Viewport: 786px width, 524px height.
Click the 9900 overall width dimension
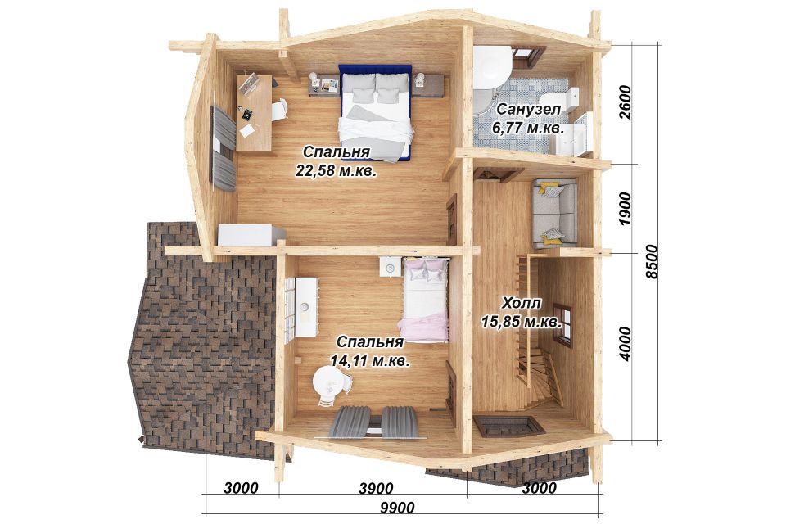397,508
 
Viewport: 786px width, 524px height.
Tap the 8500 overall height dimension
652,262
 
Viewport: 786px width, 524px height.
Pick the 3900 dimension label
377,487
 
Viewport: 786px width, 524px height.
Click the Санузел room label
528,110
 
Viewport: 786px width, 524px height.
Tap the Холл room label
522,303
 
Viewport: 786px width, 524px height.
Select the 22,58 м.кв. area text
337,171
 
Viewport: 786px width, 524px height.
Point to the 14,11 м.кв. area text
370,360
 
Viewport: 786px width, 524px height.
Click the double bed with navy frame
376,113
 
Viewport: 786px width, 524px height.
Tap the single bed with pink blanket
425,300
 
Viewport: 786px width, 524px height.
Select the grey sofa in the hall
554,214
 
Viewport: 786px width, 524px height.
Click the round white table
329,381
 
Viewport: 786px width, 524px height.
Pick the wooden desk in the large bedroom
255,113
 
